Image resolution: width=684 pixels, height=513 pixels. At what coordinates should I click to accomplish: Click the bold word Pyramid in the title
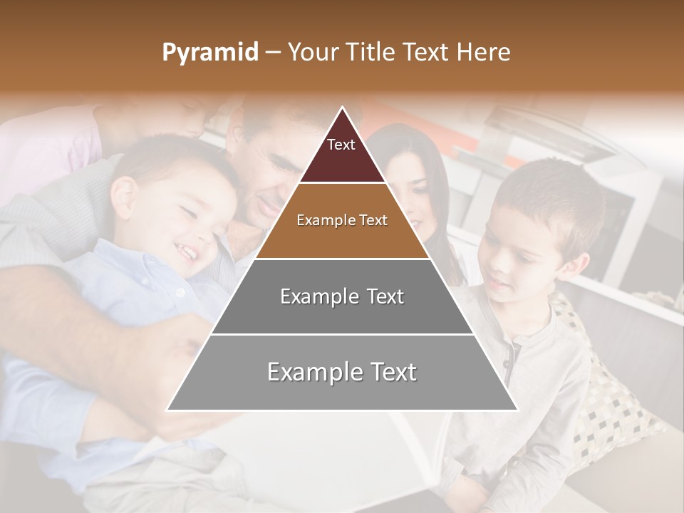(x=210, y=53)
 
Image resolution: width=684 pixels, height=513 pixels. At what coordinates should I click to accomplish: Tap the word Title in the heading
(x=373, y=53)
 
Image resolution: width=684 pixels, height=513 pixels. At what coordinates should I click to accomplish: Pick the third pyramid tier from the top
(x=342, y=296)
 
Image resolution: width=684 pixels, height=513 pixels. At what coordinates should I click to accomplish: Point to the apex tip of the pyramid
(x=342, y=108)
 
